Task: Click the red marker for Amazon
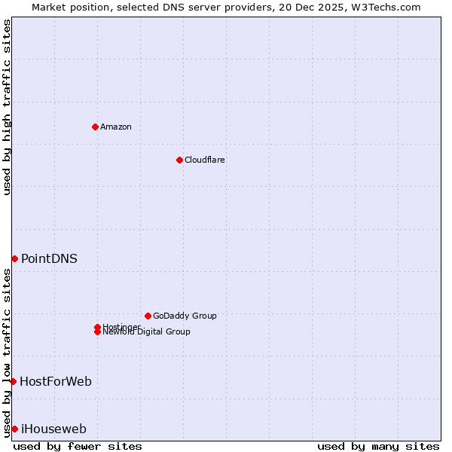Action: (x=95, y=127)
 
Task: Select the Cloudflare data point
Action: (x=179, y=160)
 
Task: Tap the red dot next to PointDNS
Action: (x=14, y=258)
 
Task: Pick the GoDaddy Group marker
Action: (x=148, y=316)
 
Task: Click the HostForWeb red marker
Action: (x=13, y=381)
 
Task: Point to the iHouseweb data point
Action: (x=14, y=429)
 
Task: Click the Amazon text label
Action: (x=115, y=127)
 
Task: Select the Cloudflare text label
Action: (x=204, y=160)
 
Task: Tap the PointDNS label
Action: (x=49, y=258)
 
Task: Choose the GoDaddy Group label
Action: (x=185, y=316)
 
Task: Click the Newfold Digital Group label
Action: (x=147, y=332)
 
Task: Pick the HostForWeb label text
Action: (x=56, y=381)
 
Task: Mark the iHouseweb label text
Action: (x=53, y=429)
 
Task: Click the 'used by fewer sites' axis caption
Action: (x=78, y=446)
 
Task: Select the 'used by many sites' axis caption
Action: (x=378, y=446)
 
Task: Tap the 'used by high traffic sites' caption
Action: (x=7, y=107)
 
